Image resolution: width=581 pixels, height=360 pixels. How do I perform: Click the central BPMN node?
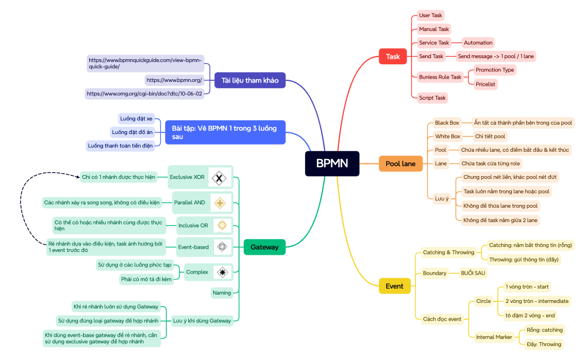[332, 163]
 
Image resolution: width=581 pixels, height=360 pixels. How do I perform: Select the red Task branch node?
[393, 56]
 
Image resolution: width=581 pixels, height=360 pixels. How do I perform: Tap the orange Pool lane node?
[400, 163]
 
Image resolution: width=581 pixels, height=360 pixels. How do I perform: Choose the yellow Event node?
[394, 286]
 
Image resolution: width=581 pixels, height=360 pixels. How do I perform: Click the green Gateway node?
[264, 247]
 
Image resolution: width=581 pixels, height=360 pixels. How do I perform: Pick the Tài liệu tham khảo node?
[250, 80]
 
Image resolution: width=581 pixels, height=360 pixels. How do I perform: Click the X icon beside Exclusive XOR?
[219, 178]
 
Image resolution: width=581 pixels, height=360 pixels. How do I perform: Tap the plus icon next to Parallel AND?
[220, 203]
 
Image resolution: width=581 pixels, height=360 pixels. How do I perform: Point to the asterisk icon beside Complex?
[222, 272]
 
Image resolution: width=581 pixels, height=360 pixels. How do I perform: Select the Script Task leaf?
[432, 98]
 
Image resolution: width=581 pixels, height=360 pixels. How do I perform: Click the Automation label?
[478, 43]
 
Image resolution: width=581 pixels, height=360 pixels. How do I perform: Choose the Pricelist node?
[485, 84]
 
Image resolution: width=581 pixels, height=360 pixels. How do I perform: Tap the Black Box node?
[446, 123]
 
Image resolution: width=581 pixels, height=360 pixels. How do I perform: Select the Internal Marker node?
[494, 337]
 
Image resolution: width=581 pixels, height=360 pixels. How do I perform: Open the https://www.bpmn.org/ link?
[174, 80]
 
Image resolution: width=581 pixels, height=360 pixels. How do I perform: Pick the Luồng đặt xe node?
[136, 119]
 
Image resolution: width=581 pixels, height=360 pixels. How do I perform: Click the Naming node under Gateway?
[222, 293]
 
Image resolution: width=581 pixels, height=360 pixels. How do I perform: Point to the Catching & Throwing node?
[448, 253]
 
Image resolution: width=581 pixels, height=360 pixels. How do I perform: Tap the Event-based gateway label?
[193, 247]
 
